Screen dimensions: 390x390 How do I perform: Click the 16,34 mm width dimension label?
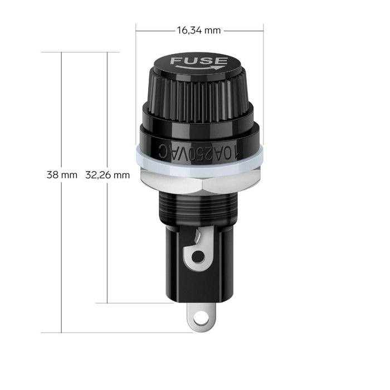coord(199,31)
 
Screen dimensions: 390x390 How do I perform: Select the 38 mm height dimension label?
coord(62,175)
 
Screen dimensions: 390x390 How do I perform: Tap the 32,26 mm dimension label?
coord(108,175)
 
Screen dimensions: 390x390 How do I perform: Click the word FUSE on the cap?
coord(199,61)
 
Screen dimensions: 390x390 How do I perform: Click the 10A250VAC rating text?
coord(199,153)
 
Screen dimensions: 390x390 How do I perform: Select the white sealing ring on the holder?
coord(199,162)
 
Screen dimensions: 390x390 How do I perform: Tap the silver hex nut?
coord(199,182)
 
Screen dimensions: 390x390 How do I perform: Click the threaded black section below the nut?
coord(198,208)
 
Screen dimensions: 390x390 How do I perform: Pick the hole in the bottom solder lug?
coord(201,318)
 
